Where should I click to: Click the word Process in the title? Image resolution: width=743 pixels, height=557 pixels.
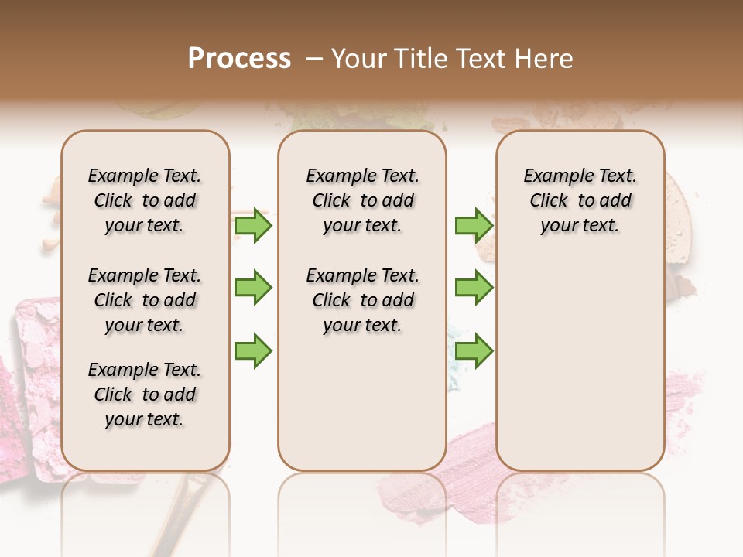pos(239,59)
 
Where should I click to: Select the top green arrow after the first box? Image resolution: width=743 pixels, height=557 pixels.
pos(253,226)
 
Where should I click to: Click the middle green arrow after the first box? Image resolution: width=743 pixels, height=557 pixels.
pos(253,288)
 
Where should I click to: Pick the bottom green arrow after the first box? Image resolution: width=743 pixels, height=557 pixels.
pos(253,350)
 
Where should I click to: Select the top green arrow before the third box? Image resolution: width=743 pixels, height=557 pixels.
pos(474,226)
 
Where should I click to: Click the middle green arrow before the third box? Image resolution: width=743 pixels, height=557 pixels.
pos(474,288)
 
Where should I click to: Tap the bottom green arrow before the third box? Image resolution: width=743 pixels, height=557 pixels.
pos(474,350)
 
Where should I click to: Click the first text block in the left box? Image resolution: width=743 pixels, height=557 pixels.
pos(145,200)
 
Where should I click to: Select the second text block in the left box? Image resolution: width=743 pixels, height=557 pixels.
pos(145,300)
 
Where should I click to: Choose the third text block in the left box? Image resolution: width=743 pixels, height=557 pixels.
pos(145,395)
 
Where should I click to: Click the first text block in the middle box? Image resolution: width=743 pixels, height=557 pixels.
pos(362,200)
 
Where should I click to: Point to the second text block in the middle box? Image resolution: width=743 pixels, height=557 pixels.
pos(362,300)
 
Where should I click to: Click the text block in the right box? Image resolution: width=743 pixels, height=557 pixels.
pos(580,200)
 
